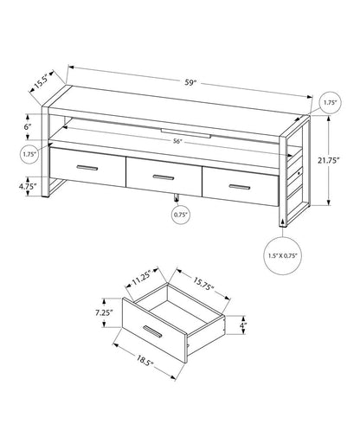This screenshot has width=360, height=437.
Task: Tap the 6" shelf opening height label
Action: coord(29,127)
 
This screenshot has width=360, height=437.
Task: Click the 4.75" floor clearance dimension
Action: coord(28,185)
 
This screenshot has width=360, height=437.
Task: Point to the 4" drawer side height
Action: coord(244,326)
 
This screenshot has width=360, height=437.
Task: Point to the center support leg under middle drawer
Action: coord(177,196)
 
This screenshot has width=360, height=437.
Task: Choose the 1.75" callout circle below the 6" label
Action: coord(29,154)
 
